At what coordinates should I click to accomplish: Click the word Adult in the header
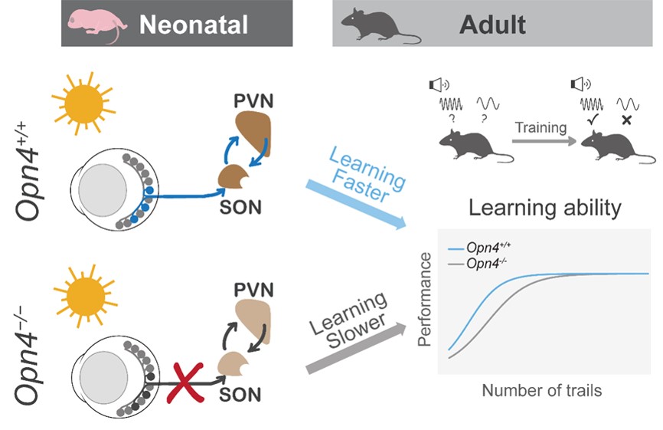[492, 25]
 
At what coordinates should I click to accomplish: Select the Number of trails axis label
[541, 390]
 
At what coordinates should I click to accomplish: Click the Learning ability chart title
[544, 208]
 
